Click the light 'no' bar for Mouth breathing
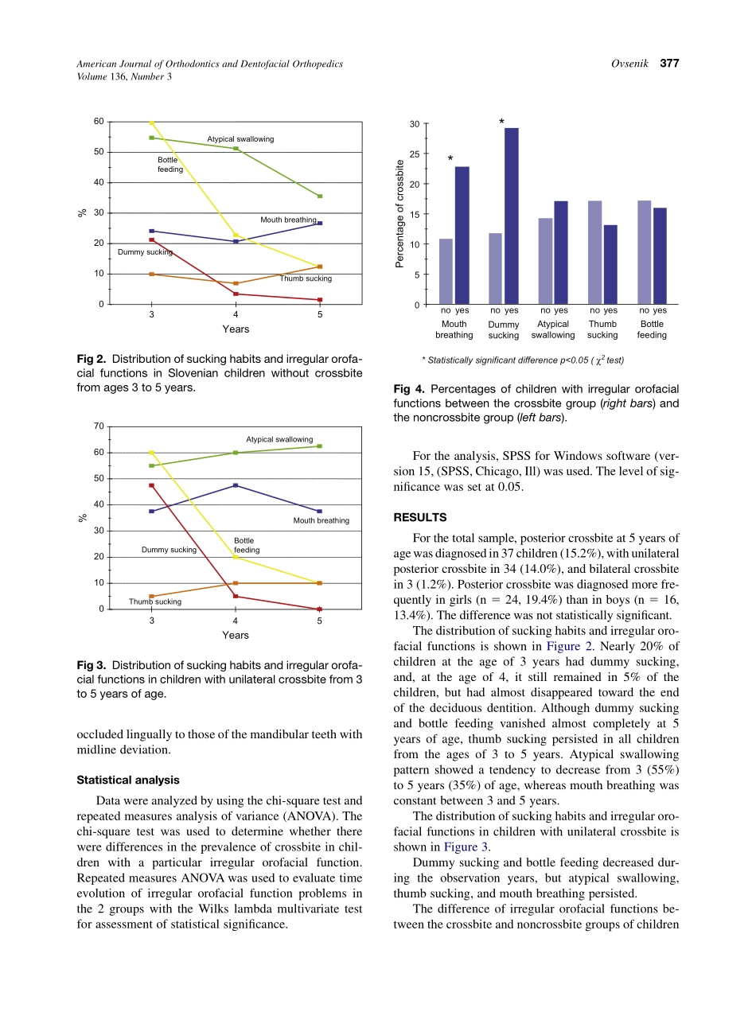coord(446,271)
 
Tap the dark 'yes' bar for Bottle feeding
coord(660,256)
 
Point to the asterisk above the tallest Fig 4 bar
coord(501,123)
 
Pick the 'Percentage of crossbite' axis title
coord(400,214)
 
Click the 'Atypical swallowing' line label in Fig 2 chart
coord(240,139)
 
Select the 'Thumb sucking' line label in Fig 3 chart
coord(155,601)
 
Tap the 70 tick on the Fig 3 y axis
coord(99,426)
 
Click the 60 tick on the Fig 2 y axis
coord(99,121)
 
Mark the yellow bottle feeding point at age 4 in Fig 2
coord(236,235)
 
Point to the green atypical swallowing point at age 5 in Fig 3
coord(319,446)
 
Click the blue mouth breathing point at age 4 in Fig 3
coord(236,485)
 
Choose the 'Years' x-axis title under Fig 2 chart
coord(236,329)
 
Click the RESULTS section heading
coord(419,517)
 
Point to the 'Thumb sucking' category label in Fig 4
coord(602,329)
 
